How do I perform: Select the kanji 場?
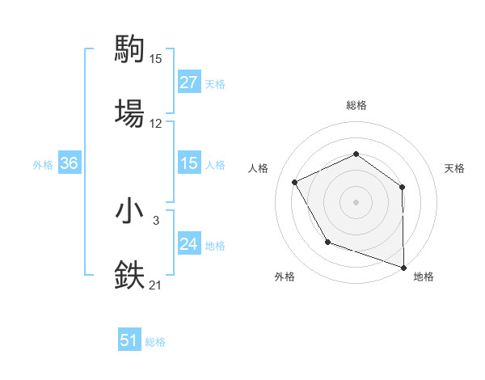click(129, 113)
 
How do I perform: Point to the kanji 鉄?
click(129, 275)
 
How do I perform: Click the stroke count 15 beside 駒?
click(156, 59)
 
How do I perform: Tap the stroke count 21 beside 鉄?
click(156, 285)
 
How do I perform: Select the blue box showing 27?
click(188, 82)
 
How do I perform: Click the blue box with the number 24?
click(188, 244)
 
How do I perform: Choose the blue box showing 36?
click(69, 163)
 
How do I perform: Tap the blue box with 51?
click(129, 340)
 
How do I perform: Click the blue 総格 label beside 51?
click(155, 342)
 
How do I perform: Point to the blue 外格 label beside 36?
click(43, 165)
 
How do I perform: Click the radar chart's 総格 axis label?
click(356, 105)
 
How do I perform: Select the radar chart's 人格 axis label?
click(259, 168)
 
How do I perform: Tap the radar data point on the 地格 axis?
click(403, 266)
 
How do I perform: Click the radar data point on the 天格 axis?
click(402, 187)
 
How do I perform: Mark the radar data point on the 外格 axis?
click(327, 242)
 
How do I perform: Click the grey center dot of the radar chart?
click(356, 202)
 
